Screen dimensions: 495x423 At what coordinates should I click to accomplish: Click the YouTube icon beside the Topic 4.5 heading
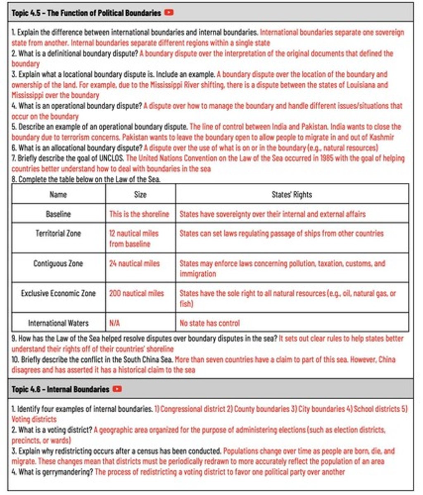click(169, 13)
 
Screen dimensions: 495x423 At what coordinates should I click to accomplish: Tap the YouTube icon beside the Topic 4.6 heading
click(117, 389)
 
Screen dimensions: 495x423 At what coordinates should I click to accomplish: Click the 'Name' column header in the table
click(58, 194)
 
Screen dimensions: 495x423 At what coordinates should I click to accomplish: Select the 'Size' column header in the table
click(140, 194)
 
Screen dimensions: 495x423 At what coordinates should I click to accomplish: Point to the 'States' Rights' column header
click(292, 194)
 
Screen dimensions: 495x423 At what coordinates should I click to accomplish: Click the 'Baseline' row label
click(58, 214)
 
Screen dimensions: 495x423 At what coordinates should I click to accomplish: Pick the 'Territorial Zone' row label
click(58, 233)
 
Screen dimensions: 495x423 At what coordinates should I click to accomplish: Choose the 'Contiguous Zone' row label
click(58, 264)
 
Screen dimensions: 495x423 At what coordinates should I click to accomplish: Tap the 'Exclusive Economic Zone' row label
click(58, 293)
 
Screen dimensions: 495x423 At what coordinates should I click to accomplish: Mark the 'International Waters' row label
click(58, 323)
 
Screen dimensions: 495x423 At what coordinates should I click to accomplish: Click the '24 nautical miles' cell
click(134, 264)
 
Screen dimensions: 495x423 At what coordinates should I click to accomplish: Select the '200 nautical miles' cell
click(136, 293)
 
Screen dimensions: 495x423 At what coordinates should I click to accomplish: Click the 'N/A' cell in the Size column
click(114, 323)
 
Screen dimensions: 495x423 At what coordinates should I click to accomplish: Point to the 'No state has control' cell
click(209, 323)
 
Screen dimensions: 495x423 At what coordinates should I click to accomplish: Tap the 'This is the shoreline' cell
click(139, 214)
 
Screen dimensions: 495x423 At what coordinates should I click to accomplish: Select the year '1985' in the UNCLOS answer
click(328, 158)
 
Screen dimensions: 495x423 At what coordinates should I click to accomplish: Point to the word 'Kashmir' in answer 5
click(381, 137)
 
